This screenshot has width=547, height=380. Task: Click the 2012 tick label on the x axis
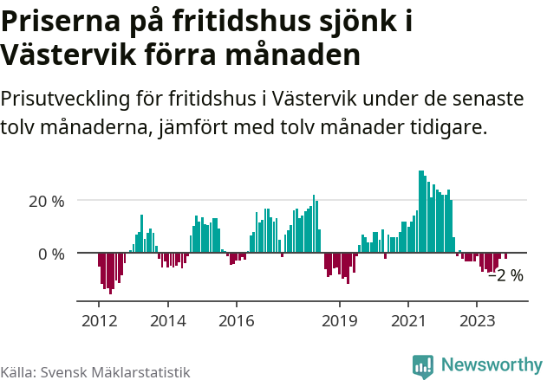coord(98,321)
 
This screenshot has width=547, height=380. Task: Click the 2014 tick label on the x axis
coord(167,321)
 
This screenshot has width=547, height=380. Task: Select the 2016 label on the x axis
coord(237,321)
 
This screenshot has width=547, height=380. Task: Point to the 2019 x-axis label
coord(339,321)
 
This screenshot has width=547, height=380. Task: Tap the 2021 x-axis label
coord(407,321)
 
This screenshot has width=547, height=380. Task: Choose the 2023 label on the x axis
coord(476,321)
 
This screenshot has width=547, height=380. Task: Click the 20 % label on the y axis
coord(47,201)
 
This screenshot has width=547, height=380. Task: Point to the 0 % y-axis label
coord(51,254)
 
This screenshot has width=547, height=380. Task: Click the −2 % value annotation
coord(505,276)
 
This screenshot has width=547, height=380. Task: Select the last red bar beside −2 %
coord(505,256)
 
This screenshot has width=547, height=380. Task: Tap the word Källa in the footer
coord(18,371)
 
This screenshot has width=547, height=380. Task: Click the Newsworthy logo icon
coord(423,366)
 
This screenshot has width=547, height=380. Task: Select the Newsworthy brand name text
coord(491,365)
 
